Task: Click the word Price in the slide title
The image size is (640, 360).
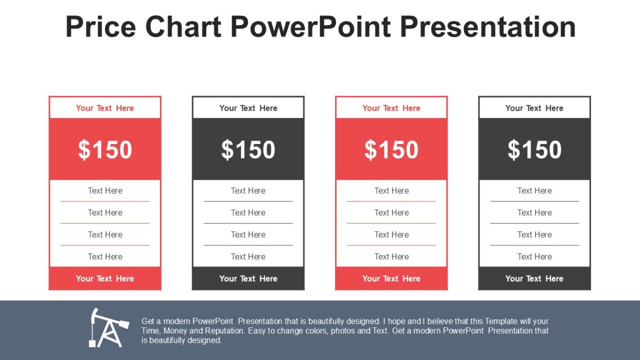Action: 99,27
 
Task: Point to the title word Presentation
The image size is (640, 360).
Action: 487,27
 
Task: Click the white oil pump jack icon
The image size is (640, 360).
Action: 108,327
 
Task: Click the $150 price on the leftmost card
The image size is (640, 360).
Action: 105,150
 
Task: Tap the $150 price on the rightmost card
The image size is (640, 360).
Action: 534,150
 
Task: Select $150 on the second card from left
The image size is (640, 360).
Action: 248,150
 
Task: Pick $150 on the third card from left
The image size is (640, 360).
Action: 391,150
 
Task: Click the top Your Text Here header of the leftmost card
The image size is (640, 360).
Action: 105,108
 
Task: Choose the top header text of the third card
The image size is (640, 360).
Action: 391,108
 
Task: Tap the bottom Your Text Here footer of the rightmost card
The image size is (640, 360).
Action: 534,278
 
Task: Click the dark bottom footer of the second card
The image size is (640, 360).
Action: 248,278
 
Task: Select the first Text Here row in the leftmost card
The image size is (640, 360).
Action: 105,190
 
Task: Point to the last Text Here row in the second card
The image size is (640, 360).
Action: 248,257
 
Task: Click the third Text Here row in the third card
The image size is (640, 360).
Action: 391,235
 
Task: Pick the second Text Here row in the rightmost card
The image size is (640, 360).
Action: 534,213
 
